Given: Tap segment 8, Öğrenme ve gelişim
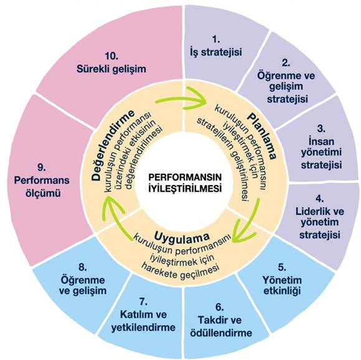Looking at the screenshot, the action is (x=83, y=281).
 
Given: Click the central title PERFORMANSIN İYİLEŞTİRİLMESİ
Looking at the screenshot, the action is (x=185, y=183).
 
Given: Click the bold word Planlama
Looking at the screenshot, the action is (x=262, y=136).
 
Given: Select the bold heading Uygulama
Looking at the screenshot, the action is (x=182, y=236).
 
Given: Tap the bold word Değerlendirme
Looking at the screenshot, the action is (x=113, y=145).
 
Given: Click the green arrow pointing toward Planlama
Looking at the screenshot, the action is (x=182, y=98).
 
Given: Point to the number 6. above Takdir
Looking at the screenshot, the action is (x=220, y=307).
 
